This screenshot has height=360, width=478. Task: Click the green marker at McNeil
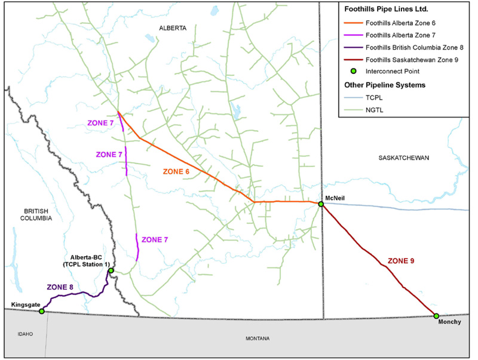point(321,204)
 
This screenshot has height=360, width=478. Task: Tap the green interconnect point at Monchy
point(436,316)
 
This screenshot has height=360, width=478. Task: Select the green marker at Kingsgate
point(41,311)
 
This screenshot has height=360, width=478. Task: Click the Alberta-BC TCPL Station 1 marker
point(111,270)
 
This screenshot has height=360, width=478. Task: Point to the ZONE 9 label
point(401,261)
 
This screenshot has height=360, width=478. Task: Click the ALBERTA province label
point(173,28)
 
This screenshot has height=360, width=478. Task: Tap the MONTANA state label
point(258,339)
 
